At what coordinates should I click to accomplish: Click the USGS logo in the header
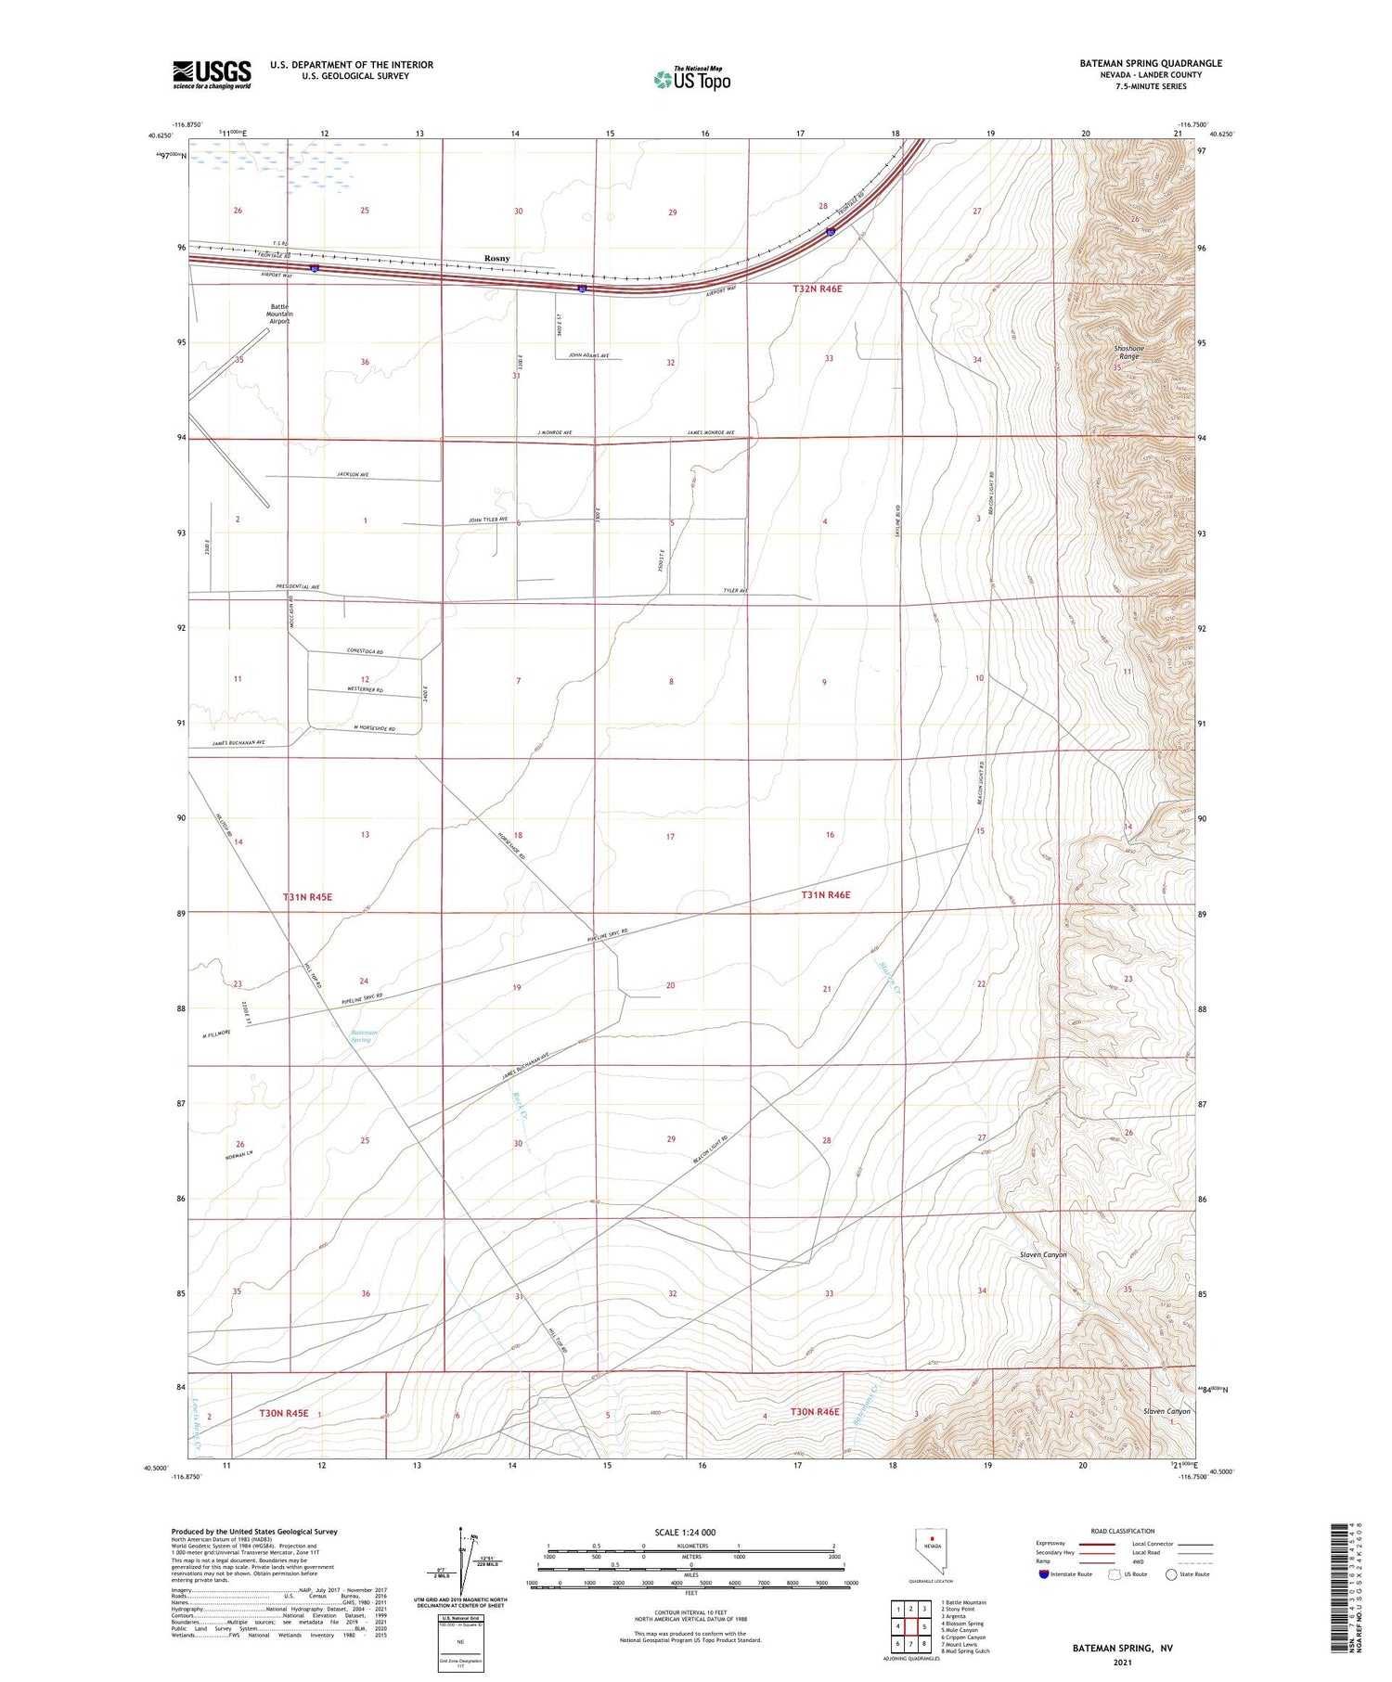[x=212, y=74]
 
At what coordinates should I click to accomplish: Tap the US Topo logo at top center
[x=691, y=79]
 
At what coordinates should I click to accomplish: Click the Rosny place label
[x=496, y=258]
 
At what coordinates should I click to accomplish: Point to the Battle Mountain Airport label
[x=280, y=314]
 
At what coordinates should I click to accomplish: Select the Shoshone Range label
[x=1128, y=353]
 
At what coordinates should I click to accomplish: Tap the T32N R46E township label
[x=817, y=289]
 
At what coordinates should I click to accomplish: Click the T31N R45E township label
[x=307, y=897]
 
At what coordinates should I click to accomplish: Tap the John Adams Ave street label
[x=588, y=354]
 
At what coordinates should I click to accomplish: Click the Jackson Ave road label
[x=353, y=474]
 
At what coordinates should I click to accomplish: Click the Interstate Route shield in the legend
[x=1044, y=1574]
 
